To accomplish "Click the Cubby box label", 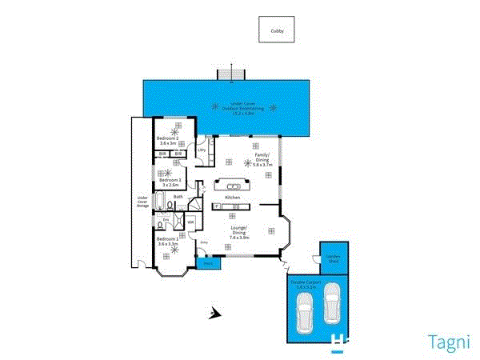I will tap(276, 31).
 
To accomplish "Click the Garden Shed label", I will tap(332, 258).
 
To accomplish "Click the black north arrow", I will tap(214, 314).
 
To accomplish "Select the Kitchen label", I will tap(233, 197).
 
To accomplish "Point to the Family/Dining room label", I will tap(262, 158).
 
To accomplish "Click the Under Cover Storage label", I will tap(143, 201).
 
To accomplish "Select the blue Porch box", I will tap(207, 262).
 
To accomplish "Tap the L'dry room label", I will tap(202, 150).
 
